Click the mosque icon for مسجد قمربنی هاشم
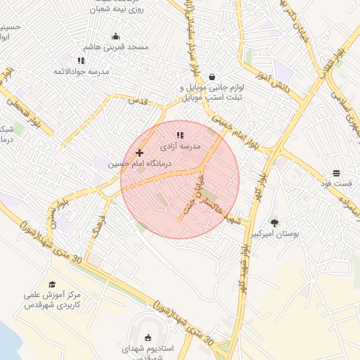coord(116,37)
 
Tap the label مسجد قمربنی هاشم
coord(117,47)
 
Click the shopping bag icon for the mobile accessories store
coord(212,77)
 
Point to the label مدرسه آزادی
coord(181,147)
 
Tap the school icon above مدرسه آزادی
coord(180,134)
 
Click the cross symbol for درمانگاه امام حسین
coord(139,153)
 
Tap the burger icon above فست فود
coord(337,173)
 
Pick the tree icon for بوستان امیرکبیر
coord(274,223)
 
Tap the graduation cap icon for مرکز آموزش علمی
coord(52,284)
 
